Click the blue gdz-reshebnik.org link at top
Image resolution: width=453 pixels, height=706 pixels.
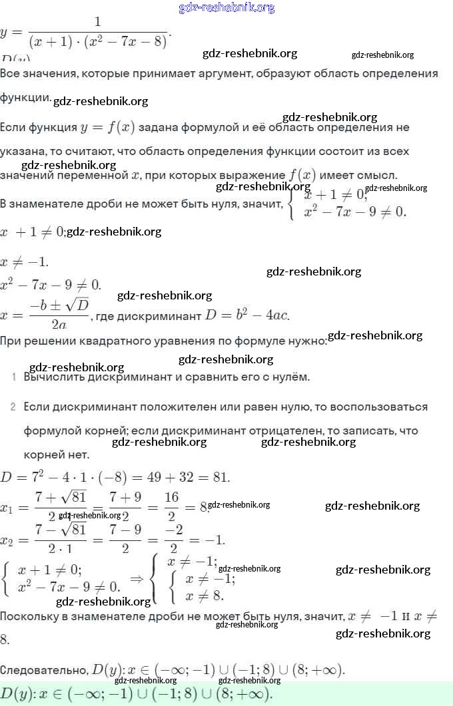226,7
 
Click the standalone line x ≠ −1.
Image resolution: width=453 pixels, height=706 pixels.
25,261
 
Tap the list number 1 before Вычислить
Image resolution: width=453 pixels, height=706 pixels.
14,377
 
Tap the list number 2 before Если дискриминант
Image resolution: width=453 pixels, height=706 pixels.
13,406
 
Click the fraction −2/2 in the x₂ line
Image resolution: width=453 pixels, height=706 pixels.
173,540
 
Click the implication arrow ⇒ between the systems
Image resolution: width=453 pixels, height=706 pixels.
137,579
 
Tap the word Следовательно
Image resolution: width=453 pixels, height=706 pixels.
43,669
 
